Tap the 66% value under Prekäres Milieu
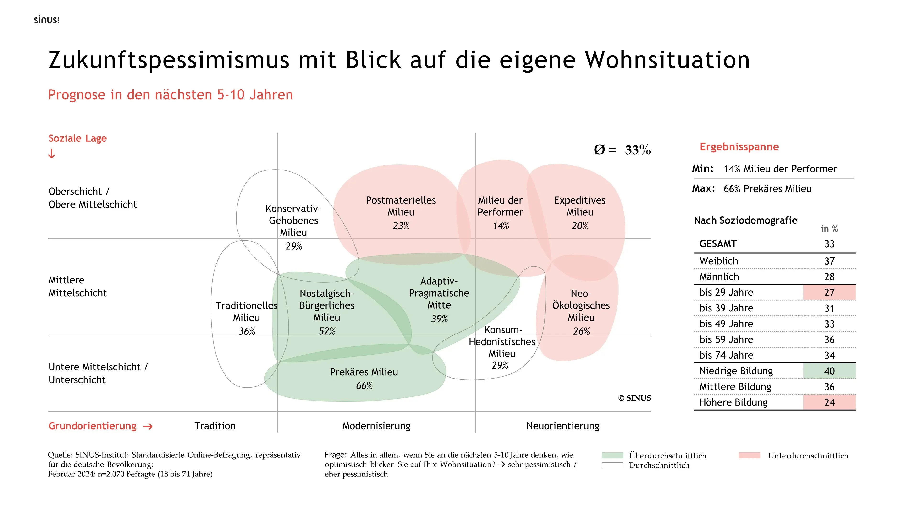click(x=364, y=386)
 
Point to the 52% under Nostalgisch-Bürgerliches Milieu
click(x=327, y=331)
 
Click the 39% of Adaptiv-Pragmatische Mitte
click(x=439, y=319)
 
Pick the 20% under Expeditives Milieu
click(x=580, y=226)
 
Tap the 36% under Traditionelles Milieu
click(x=247, y=331)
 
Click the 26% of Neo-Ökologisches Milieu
click(x=581, y=331)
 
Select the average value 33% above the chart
click(x=638, y=150)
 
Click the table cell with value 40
click(x=829, y=371)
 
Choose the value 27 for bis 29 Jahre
click(x=829, y=293)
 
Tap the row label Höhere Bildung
click(x=733, y=402)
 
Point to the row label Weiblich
click(x=719, y=261)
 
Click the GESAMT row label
click(x=718, y=244)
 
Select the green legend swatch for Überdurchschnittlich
click(x=612, y=456)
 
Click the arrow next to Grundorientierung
click(x=148, y=426)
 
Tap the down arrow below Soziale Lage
click(x=52, y=154)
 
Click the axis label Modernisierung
click(x=376, y=426)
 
